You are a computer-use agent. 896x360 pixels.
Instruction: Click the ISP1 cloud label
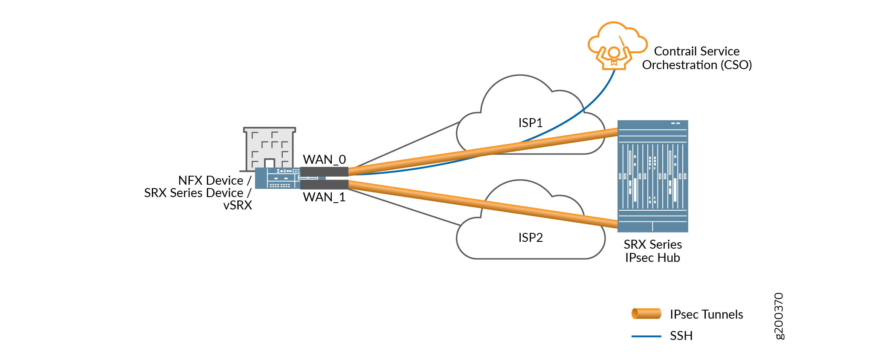[530, 123]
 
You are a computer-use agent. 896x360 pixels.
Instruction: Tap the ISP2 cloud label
[530, 238]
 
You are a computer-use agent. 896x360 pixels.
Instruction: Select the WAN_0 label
[324, 160]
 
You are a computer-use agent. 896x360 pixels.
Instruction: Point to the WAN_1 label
[324, 197]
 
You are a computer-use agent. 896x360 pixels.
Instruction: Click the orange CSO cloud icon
[616, 45]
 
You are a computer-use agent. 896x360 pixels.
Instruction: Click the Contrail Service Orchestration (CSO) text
[697, 58]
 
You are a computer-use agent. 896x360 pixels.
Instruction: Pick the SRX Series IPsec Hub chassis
[652, 176]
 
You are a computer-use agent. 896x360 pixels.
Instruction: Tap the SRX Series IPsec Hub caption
[652, 251]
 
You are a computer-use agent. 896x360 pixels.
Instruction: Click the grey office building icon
[270, 147]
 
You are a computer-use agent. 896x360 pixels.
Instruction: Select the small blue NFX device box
[277, 178]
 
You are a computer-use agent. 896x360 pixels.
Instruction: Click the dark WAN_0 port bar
[324, 171]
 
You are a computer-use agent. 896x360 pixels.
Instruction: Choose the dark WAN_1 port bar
[324, 185]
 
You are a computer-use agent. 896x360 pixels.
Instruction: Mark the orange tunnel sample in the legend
[646, 314]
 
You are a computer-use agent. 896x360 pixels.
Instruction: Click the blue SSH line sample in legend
[646, 336]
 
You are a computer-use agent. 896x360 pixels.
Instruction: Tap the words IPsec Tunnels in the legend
[706, 314]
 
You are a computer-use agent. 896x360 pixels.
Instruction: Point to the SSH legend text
[681, 336]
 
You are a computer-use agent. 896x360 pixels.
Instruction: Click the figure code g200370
[779, 316]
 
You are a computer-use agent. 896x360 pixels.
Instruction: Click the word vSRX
[238, 205]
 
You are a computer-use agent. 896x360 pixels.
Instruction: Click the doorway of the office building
[270, 164]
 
